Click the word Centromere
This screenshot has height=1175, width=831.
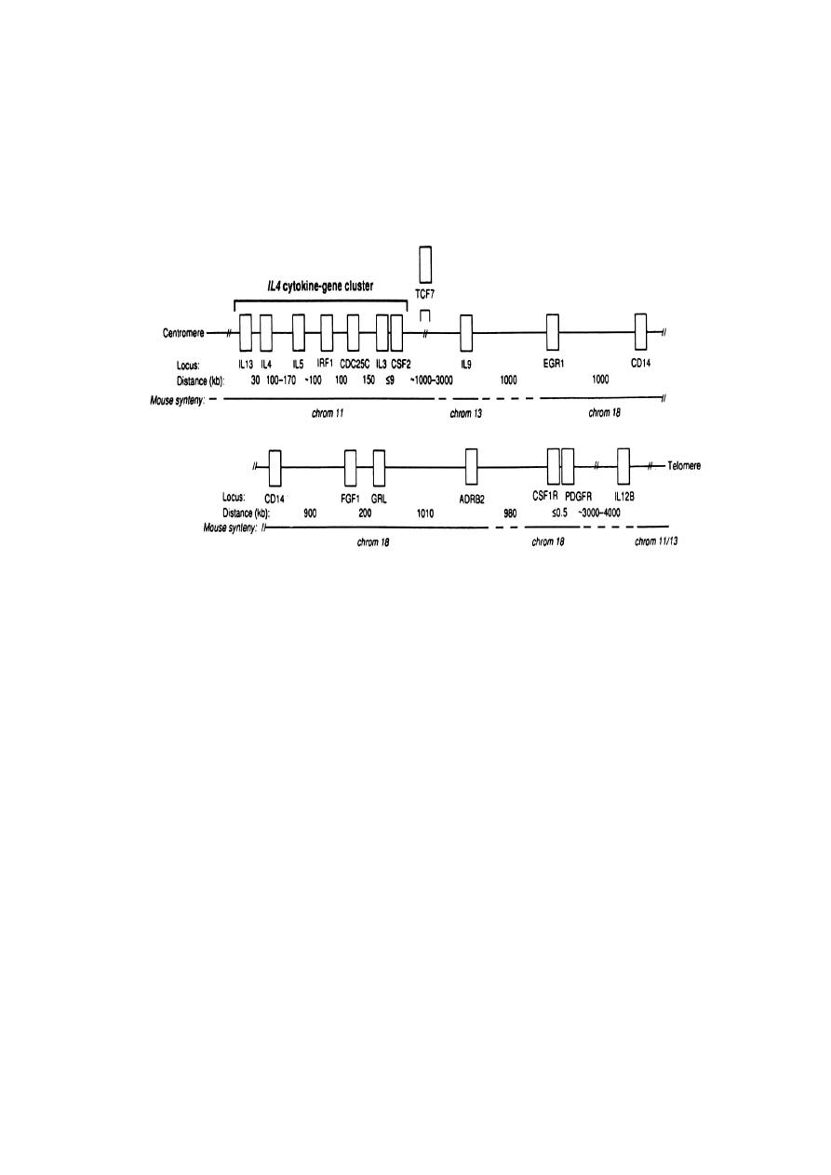183,333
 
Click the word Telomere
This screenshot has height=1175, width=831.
684,465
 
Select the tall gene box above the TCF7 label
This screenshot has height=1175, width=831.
425,264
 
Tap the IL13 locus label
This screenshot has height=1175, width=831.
246,364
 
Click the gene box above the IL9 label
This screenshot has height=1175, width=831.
466,333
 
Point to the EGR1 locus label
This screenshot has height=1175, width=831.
554,363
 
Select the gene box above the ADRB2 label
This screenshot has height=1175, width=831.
471,466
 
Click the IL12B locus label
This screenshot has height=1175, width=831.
623,496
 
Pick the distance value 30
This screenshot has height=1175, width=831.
256,381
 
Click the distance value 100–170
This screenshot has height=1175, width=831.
281,381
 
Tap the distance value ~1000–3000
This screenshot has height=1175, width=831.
431,380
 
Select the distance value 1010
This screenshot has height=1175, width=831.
425,514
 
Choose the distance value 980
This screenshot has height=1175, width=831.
510,514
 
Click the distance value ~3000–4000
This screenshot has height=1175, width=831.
599,513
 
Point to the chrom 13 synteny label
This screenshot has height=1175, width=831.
466,413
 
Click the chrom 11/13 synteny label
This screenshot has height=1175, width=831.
656,541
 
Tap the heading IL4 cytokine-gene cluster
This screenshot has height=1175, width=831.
320,286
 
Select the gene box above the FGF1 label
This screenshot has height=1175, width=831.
351,468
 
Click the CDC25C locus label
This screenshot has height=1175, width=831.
355,364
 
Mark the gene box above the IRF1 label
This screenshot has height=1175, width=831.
327,333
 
